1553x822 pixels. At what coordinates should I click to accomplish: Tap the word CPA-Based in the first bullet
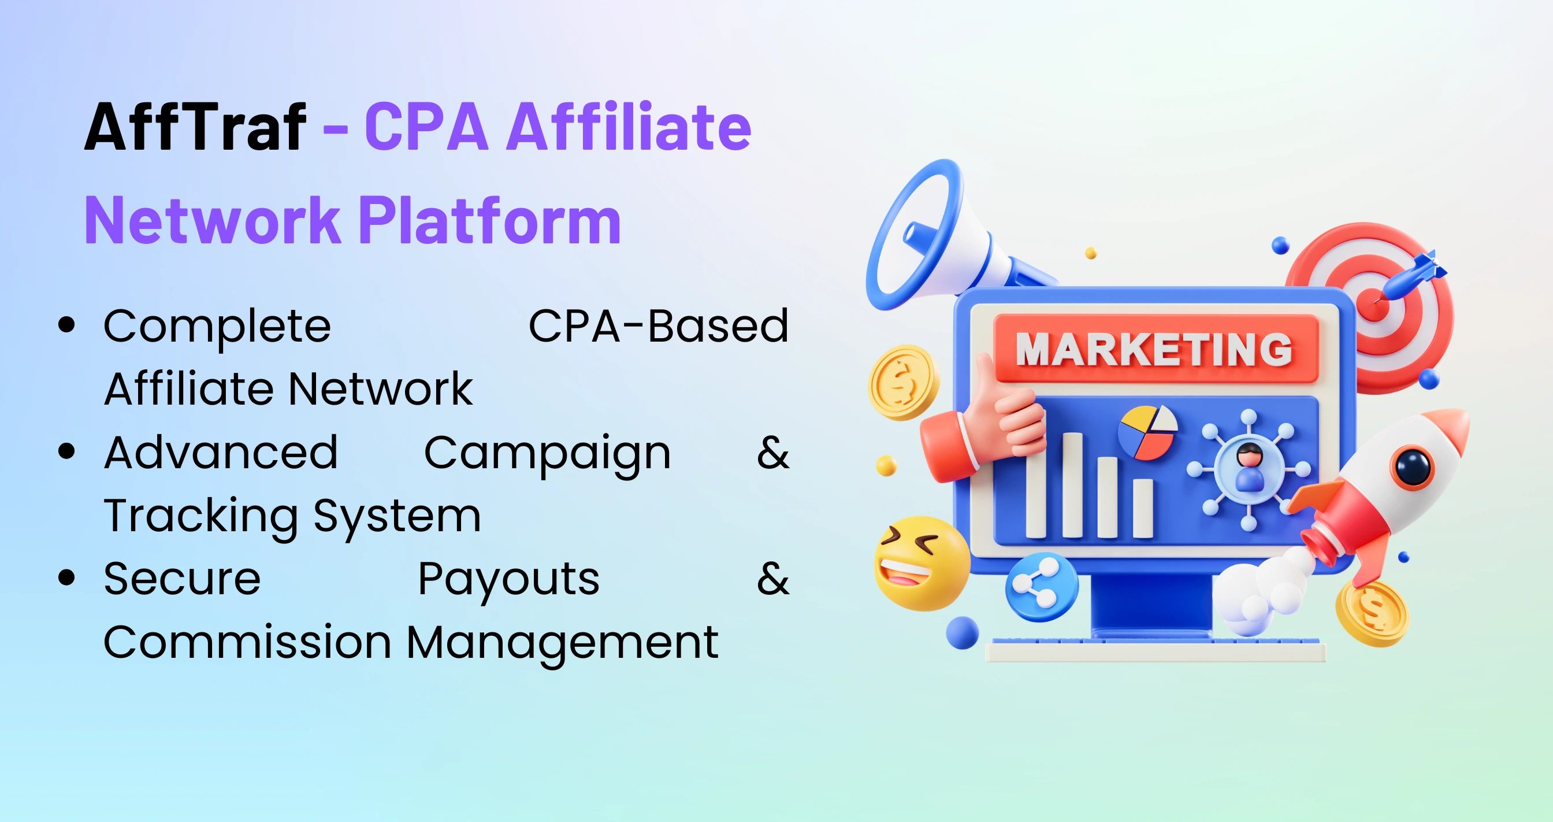click(658, 326)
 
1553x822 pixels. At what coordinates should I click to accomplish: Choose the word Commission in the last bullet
click(247, 642)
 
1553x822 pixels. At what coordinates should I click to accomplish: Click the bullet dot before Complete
click(66, 325)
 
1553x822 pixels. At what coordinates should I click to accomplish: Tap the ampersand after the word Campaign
click(773, 452)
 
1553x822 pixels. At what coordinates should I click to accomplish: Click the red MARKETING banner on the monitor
click(1155, 349)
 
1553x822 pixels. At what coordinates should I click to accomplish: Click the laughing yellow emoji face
click(921, 563)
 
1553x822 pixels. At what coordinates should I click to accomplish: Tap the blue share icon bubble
click(1041, 587)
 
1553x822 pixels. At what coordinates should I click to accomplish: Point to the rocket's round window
click(1413, 466)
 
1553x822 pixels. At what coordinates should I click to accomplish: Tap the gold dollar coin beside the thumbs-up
click(902, 382)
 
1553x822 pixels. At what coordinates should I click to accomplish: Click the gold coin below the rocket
click(1372, 614)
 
